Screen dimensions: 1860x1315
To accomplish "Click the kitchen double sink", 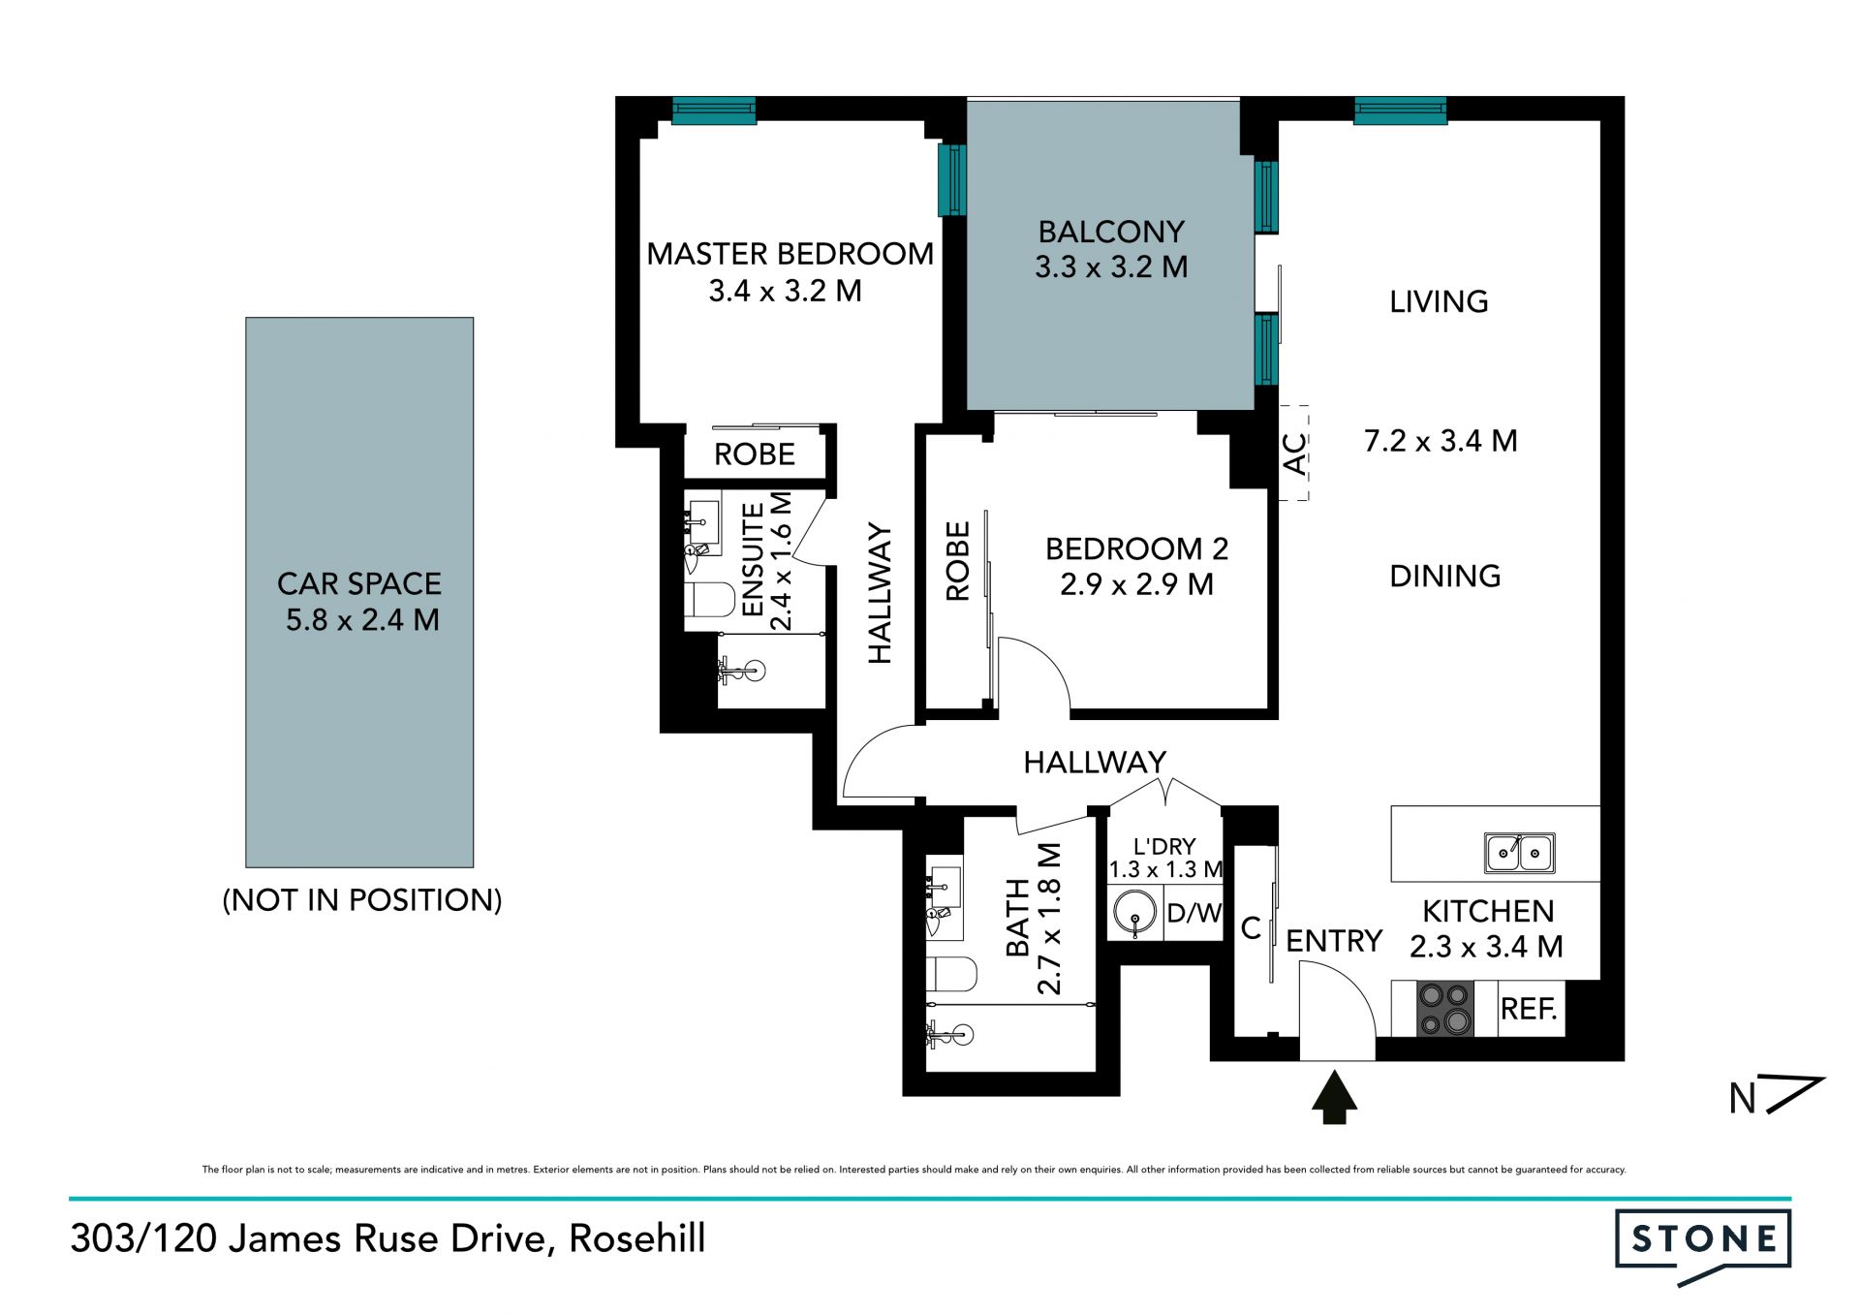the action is (1520, 853).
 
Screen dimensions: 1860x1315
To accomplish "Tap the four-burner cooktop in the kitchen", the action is (1445, 1009).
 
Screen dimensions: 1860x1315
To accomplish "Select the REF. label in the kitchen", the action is (1529, 1009).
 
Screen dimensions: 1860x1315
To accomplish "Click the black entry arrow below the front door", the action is (1335, 1097).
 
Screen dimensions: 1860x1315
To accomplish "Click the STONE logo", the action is (1703, 1245).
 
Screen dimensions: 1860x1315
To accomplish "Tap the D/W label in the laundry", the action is (1194, 912).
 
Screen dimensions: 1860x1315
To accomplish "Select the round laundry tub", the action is (1134, 912).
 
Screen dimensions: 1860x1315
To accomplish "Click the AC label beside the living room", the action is (1294, 454).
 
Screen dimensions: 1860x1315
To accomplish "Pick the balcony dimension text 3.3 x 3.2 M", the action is (1111, 266).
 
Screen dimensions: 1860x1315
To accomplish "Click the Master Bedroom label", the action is (790, 254).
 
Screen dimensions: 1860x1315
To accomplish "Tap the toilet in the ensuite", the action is (710, 599).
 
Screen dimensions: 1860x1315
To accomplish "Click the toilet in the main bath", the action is (951, 974).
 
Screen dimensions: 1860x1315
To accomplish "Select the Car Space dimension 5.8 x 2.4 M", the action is (362, 619).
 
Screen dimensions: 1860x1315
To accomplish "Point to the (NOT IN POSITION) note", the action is (362, 900).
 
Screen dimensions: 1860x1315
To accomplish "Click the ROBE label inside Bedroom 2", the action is (957, 561).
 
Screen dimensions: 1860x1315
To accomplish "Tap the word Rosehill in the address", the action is (637, 1238).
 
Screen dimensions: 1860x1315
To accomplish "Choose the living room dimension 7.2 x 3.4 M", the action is (1441, 441).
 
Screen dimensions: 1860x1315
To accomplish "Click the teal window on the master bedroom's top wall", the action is (714, 110).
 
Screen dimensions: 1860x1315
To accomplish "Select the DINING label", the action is (1445, 577).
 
